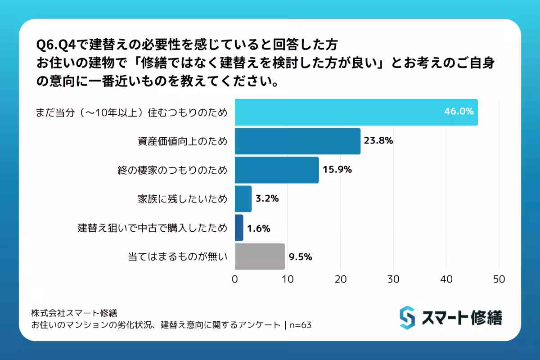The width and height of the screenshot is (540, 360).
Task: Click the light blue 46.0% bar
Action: point(355,112)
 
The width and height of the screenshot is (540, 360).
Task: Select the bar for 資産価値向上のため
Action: point(297,141)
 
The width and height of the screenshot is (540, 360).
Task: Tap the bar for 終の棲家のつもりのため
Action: point(277,170)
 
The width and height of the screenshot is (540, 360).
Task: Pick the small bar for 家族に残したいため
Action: point(243,198)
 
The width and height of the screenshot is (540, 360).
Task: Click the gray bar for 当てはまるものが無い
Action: point(260,256)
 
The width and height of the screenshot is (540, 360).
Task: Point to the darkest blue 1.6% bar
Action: point(239,228)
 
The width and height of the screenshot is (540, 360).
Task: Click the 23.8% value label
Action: point(378,141)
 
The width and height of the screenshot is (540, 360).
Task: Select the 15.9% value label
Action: point(337,170)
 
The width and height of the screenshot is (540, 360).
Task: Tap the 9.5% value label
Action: point(301,257)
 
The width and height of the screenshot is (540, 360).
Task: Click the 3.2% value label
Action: point(267,198)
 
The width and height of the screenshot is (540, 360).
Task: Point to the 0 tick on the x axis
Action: point(235,279)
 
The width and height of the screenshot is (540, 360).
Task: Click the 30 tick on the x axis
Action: point(393,279)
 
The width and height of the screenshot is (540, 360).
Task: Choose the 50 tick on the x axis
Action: point(499,279)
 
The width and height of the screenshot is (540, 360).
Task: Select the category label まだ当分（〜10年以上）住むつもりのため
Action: point(131,112)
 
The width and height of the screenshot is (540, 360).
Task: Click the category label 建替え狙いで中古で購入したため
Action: point(153,228)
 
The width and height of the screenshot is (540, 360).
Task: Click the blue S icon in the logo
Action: point(407,318)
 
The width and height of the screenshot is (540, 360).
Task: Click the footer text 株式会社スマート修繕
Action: point(74,312)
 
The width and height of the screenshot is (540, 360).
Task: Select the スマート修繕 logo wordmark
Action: point(462,318)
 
